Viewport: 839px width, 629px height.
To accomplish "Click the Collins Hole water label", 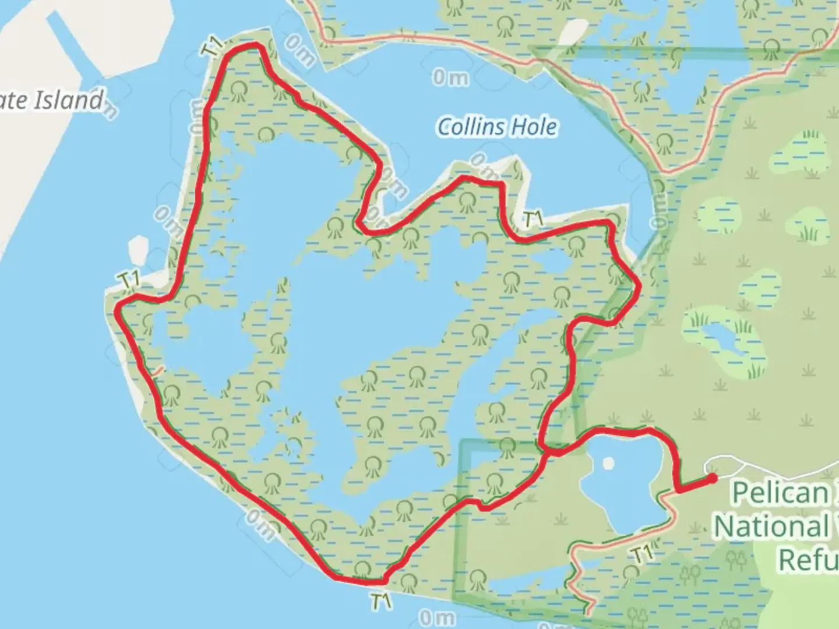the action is click(497, 127).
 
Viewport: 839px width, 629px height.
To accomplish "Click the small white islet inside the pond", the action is click(608, 464).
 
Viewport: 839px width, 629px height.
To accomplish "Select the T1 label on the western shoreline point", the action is click(129, 280).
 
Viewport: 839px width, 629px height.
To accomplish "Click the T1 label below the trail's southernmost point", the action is click(380, 601).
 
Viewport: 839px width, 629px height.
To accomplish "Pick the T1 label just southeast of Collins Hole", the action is click(533, 220).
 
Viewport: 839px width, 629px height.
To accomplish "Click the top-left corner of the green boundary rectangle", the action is click(462, 441).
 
